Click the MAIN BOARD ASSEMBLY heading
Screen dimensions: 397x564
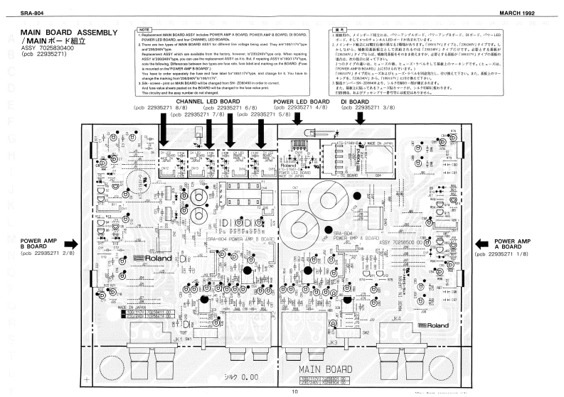tap(64, 33)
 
